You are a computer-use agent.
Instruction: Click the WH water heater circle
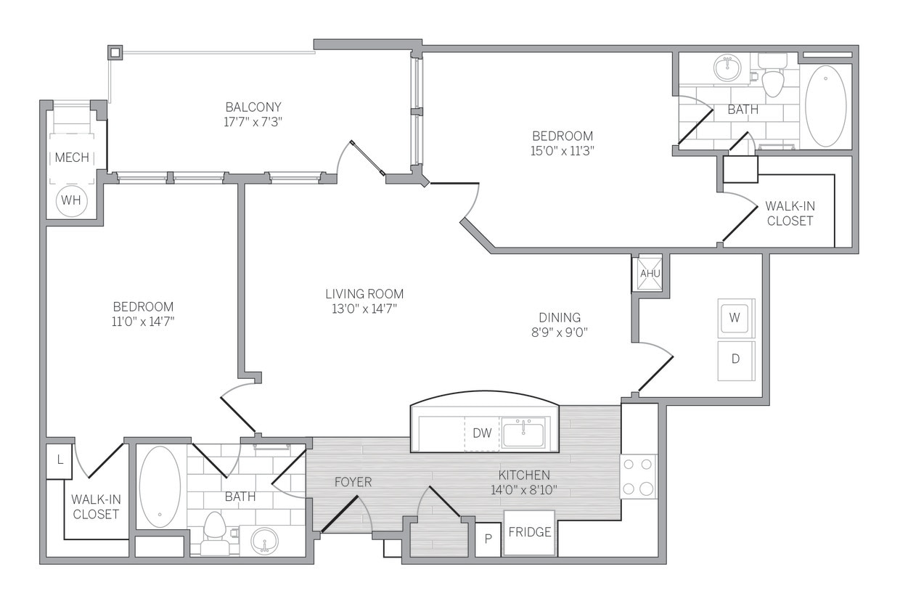point(71,200)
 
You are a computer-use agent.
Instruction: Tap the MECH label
point(72,158)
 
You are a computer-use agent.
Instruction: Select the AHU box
point(647,274)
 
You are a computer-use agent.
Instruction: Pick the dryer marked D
point(735,360)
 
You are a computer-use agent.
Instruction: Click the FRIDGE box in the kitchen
point(529,532)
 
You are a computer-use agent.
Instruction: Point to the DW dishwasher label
point(483,433)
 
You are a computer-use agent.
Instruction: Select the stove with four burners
point(638,477)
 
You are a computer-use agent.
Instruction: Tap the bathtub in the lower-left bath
point(160,486)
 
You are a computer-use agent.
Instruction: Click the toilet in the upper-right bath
point(772,78)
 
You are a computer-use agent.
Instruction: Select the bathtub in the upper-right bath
point(826,106)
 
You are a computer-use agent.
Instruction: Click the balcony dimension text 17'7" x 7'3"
point(253,122)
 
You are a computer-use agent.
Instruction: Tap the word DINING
point(560,317)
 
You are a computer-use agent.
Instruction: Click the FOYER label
point(353,481)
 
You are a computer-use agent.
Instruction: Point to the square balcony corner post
point(115,52)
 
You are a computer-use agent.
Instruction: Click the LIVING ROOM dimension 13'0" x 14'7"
point(364,309)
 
